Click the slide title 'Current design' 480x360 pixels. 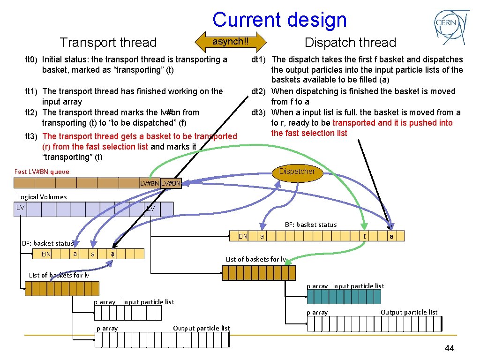[x=279, y=20]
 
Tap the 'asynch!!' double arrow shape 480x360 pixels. [x=230, y=42]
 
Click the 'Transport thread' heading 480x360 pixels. [x=108, y=43]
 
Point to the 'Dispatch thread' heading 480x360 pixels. [x=350, y=43]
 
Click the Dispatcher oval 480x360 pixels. [x=297, y=172]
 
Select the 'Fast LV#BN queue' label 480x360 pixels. [x=42, y=172]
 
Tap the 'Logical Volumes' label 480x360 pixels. [x=42, y=197]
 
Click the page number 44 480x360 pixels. [x=450, y=348]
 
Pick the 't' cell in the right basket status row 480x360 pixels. [x=365, y=236]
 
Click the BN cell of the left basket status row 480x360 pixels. [x=46, y=254]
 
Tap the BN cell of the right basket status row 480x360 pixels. [x=243, y=236]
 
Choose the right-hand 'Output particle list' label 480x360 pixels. [x=409, y=312]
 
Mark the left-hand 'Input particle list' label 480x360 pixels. [x=148, y=302]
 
